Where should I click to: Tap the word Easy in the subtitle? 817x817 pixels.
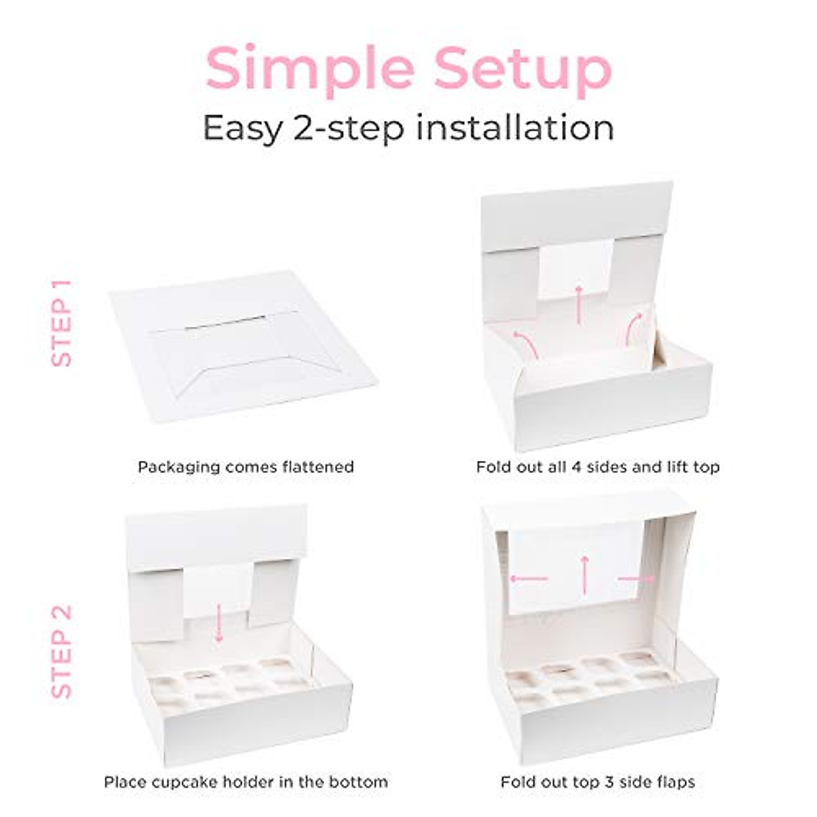241,128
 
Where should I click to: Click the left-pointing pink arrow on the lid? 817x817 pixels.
528,579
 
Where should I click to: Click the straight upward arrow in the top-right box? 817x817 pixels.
579,304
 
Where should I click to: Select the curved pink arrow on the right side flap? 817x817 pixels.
633,327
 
